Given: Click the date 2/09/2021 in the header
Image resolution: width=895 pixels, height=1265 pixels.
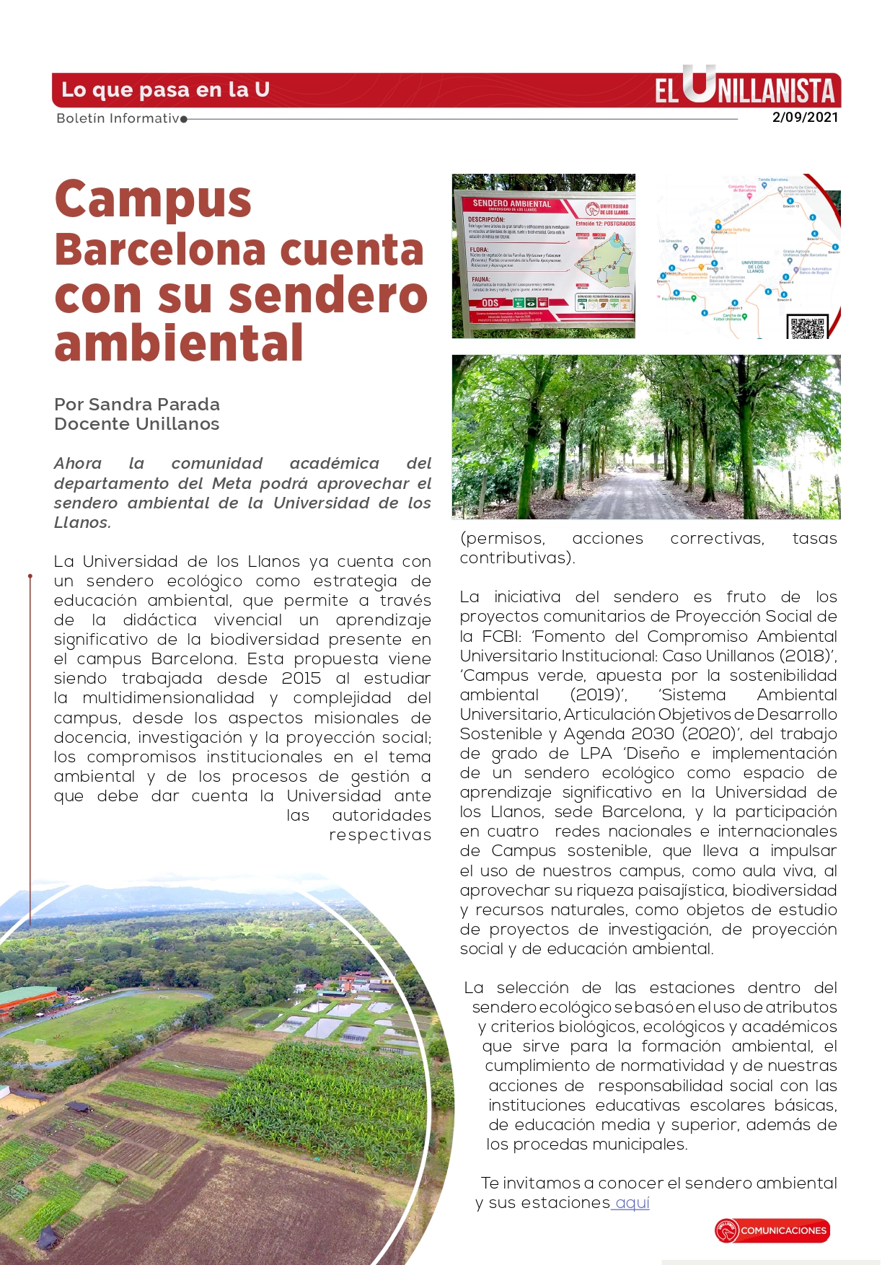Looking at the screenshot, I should point(805,118).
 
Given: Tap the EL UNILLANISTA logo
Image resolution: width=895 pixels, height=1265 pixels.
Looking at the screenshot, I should point(745,90).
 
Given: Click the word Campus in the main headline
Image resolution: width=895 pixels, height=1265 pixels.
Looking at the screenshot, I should point(153,200).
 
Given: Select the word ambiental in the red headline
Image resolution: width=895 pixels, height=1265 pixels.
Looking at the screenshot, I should point(178,343).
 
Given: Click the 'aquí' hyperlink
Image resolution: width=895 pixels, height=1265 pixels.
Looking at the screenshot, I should point(632,1202).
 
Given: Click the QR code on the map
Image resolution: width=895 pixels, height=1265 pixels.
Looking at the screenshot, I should point(807,327).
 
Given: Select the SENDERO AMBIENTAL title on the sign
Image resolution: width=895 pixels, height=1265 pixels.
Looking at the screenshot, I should point(511,204).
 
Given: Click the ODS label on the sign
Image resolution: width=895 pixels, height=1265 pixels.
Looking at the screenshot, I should point(490,303).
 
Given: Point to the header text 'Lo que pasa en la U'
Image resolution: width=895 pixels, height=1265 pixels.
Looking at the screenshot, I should point(165,90).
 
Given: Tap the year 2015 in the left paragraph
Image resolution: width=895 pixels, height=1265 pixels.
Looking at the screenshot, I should point(301,679).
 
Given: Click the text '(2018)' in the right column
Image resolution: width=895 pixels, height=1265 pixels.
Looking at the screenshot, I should point(806,656).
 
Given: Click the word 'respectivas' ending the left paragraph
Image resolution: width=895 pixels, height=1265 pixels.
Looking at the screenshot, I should point(380,835).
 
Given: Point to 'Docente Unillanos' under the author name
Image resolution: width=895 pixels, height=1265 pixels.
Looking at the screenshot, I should point(136,424).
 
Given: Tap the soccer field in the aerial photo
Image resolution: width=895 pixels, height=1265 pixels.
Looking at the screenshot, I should point(108,1017).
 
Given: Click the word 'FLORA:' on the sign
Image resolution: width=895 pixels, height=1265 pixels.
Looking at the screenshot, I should point(480,250).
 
